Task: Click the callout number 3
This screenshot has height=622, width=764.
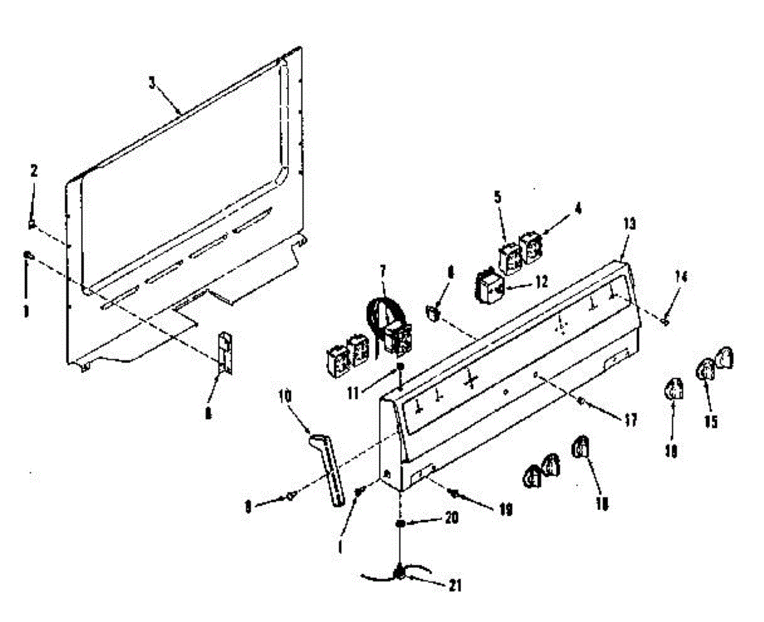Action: (x=151, y=83)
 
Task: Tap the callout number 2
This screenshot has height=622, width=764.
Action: (x=34, y=170)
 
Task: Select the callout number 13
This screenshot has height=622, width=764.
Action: (x=629, y=224)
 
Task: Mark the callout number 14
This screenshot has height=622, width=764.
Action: (x=682, y=277)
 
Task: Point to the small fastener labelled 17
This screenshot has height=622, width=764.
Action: (x=581, y=401)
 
